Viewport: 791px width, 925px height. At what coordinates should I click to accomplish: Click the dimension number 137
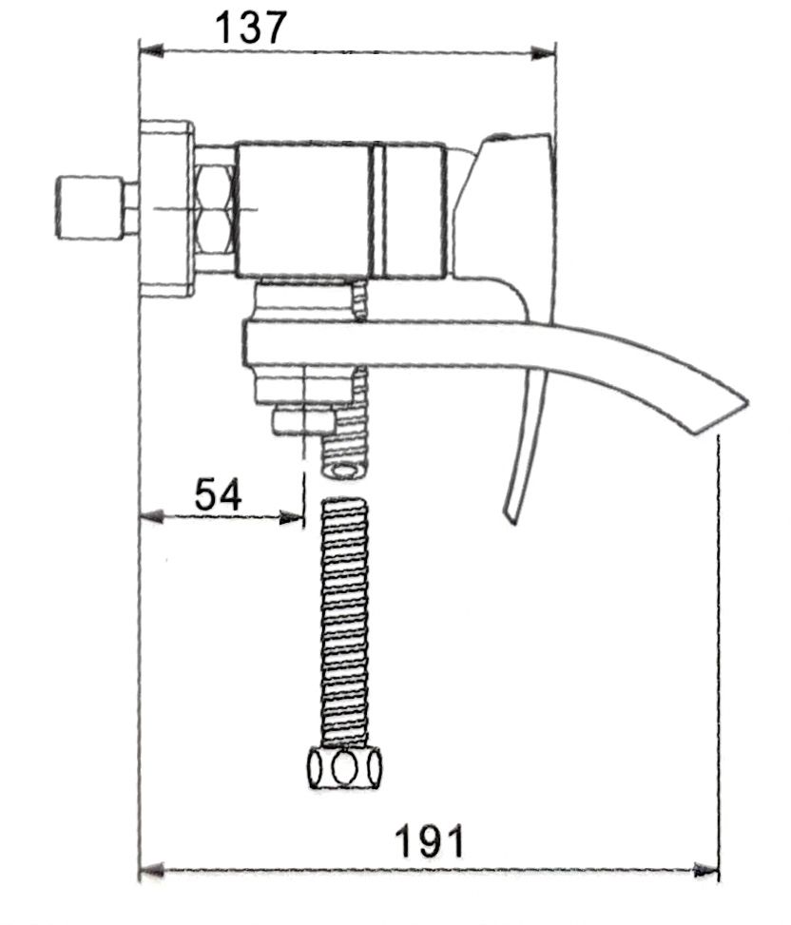(251, 28)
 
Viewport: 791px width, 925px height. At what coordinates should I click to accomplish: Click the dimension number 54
(218, 494)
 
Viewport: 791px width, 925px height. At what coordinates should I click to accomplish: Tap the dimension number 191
(429, 841)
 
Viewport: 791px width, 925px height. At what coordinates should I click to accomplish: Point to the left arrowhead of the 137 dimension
(151, 50)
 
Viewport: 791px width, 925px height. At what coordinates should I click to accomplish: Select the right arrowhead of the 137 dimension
(543, 53)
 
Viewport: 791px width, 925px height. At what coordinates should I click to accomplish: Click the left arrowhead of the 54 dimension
(151, 517)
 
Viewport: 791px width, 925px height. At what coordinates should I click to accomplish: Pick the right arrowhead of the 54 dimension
(291, 518)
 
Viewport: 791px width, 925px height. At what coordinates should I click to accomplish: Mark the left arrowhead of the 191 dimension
(151, 870)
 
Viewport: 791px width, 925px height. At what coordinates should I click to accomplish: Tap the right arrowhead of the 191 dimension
(706, 871)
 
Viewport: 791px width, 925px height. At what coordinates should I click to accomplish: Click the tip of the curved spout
(748, 403)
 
